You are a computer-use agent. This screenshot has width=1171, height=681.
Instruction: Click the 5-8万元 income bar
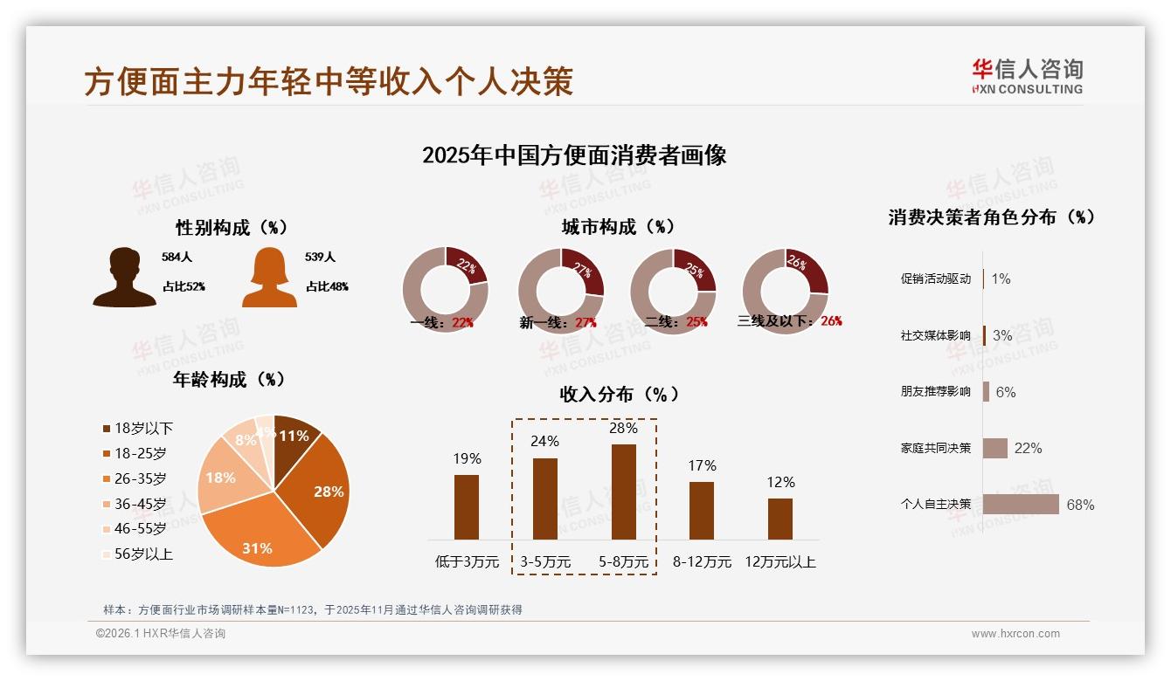624,492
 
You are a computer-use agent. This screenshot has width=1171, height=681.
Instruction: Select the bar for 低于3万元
467,507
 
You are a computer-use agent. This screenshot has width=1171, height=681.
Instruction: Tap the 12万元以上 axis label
780,562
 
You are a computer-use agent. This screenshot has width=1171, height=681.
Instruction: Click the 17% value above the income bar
702,466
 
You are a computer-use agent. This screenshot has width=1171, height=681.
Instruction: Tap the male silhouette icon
124,278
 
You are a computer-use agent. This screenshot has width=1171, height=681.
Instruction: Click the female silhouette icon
269,278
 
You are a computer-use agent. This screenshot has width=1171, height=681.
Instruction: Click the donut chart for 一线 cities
445,290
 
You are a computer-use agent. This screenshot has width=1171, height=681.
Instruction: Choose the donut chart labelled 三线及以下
785,290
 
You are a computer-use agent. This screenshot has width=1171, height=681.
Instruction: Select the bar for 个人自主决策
1021,504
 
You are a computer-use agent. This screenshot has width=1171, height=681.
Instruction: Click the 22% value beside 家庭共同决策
1029,448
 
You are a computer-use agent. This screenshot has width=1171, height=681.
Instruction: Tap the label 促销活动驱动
936,279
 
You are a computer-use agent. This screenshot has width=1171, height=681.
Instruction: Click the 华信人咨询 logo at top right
1028,76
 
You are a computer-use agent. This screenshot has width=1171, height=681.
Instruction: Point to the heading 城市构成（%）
618,227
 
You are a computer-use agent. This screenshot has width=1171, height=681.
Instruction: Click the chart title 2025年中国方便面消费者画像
574,155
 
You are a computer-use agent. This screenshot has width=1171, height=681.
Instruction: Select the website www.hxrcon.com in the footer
1015,634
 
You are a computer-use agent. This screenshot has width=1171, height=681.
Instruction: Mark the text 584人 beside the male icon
177,258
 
